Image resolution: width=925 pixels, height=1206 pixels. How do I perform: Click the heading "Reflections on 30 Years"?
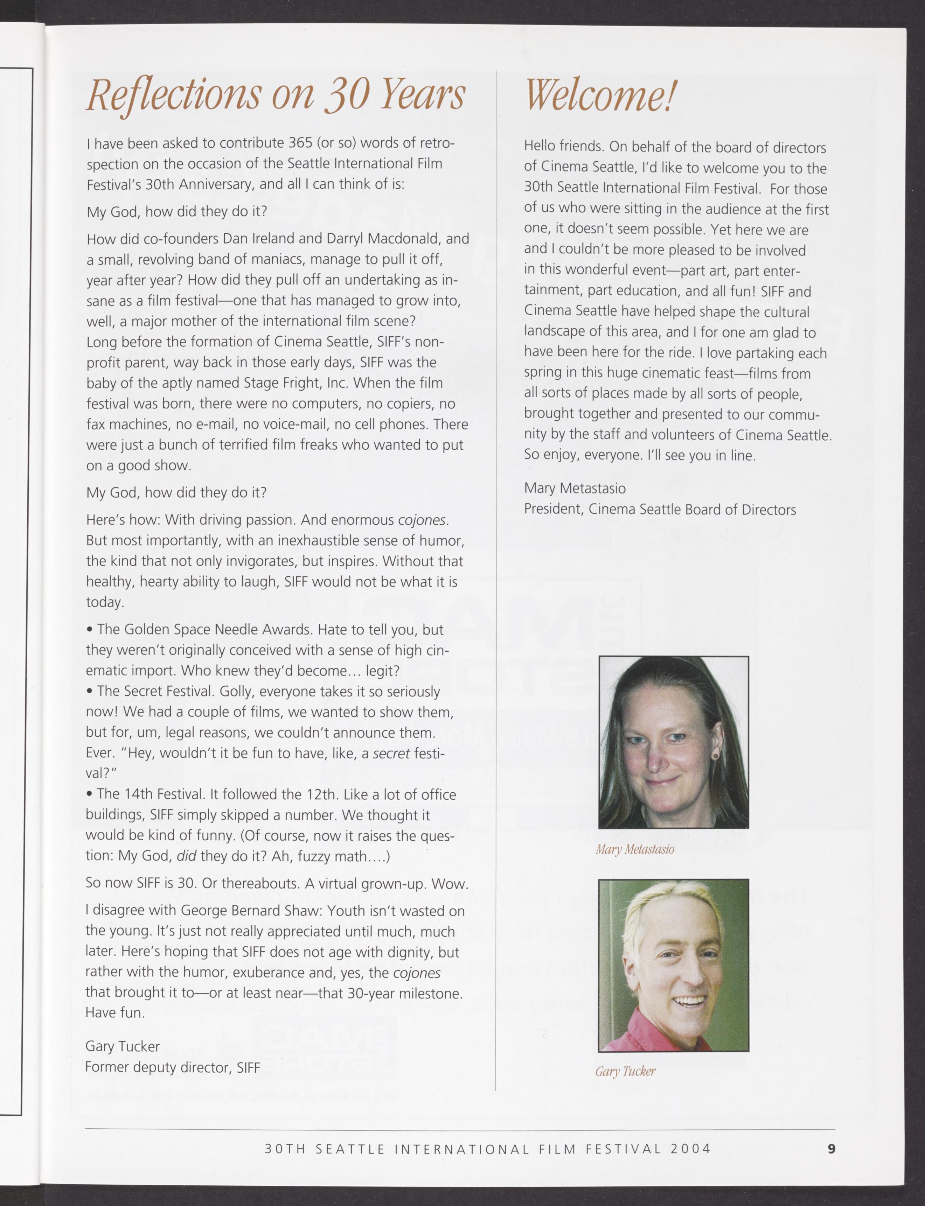pyautogui.click(x=275, y=95)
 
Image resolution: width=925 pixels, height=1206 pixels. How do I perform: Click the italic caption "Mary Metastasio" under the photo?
pyautogui.click(x=634, y=849)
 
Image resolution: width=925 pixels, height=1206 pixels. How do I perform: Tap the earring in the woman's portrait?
pyautogui.click(x=716, y=755)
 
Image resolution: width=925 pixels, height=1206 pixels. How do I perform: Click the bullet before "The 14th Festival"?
pyautogui.click(x=89, y=794)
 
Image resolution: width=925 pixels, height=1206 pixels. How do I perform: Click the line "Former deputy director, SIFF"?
pyautogui.click(x=172, y=1067)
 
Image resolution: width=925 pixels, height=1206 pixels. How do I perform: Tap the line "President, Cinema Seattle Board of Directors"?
pyautogui.click(x=660, y=510)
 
